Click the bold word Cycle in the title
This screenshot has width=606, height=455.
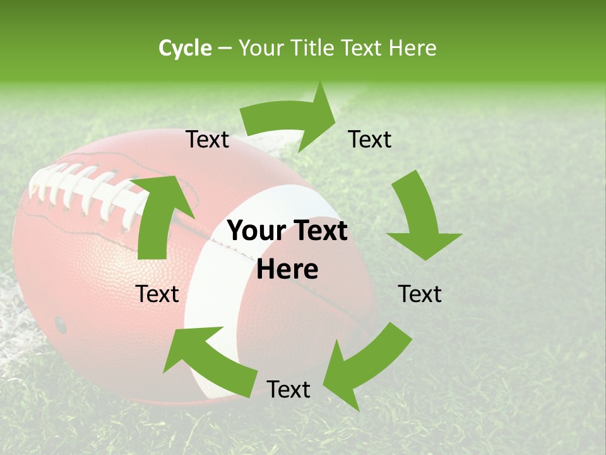click(x=185, y=48)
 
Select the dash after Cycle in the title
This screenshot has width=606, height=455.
click(x=225, y=49)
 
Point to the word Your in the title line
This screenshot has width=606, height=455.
click(x=261, y=48)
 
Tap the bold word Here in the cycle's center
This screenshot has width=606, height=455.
click(x=287, y=270)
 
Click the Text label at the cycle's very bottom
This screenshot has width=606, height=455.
click(x=288, y=389)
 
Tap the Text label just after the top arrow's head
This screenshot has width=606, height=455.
click(x=370, y=139)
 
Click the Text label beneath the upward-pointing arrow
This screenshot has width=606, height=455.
click(x=158, y=294)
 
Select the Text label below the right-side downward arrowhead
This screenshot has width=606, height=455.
click(x=420, y=294)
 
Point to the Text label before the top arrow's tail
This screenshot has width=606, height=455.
click(x=208, y=139)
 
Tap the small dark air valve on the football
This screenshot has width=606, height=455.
click(x=61, y=325)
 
